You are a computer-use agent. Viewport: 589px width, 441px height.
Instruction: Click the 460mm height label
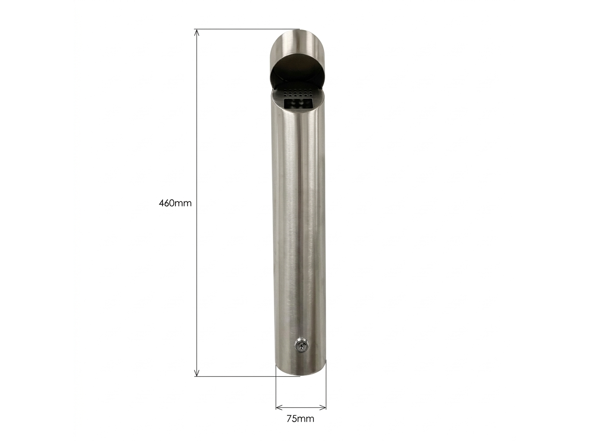(x=175, y=203)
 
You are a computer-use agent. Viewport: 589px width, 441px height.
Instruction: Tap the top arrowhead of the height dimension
(x=197, y=32)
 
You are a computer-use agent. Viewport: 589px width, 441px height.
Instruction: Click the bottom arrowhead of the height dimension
(x=197, y=373)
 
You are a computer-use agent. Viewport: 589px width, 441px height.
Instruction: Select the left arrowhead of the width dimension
(x=279, y=407)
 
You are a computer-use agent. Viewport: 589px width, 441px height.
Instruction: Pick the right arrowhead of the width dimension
(x=323, y=407)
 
